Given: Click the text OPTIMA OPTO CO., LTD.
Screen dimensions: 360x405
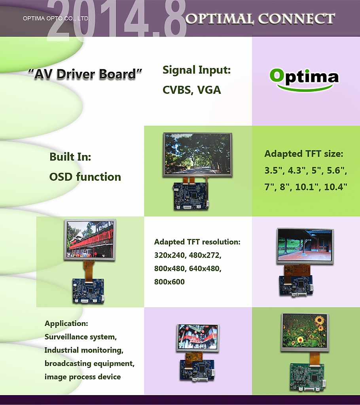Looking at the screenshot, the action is click(x=56, y=19).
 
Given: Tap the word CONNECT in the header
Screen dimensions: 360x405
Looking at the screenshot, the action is click(x=296, y=19).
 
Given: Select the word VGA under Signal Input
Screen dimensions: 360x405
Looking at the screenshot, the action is click(x=209, y=90).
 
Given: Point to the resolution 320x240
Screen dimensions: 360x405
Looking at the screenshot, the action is click(x=170, y=255).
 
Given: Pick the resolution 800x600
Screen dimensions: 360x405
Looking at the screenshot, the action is click(x=170, y=282).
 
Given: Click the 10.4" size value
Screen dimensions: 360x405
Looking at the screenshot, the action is click(x=336, y=187).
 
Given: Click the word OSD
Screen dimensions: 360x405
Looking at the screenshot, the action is click(x=61, y=177).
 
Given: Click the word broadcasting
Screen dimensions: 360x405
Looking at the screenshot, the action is click(x=68, y=363).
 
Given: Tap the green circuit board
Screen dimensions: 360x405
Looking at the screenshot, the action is click(x=308, y=377).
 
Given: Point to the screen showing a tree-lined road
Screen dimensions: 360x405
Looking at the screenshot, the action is click(x=198, y=155).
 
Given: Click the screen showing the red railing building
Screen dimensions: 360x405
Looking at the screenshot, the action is click(x=90, y=239).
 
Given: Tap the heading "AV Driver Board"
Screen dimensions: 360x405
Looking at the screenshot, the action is click(x=85, y=74).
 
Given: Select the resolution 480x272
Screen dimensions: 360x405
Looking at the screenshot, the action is click(x=205, y=255).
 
